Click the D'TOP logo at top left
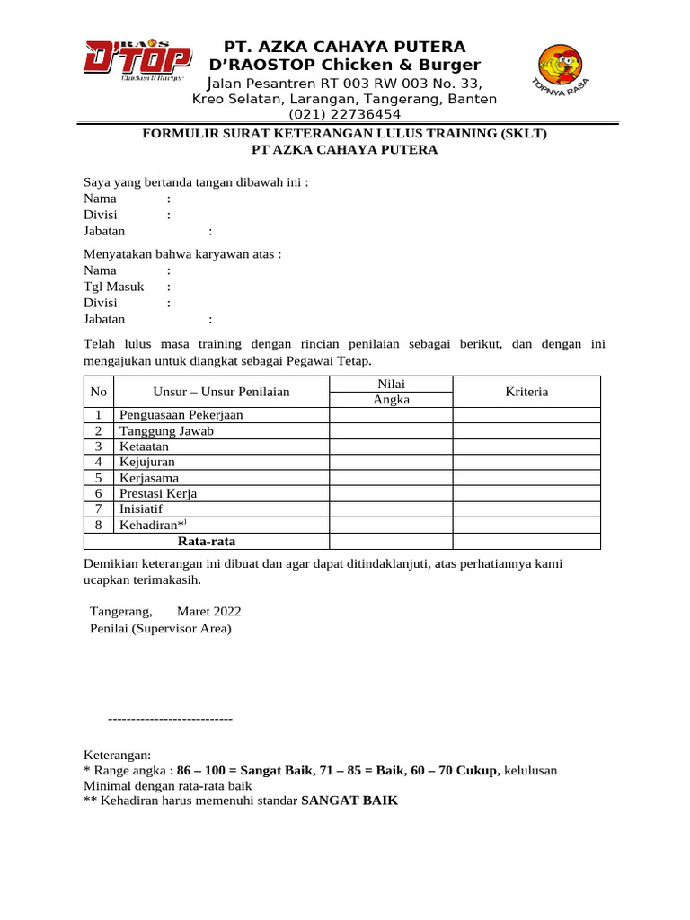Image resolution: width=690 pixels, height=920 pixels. tap(137, 62)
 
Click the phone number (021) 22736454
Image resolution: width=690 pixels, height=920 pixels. tap(344, 114)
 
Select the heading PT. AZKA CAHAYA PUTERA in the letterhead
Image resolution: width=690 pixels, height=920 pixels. tap(345, 47)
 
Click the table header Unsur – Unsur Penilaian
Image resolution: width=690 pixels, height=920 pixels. tap(221, 392)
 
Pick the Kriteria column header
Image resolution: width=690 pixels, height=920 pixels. tap(526, 392)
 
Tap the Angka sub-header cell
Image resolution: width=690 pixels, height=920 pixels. tap(391, 400)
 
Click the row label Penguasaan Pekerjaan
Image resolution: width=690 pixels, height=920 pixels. tap(181, 415)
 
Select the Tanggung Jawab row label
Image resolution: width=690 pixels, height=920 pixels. tap(166, 430)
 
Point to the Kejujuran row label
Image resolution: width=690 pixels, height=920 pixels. tap(147, 462)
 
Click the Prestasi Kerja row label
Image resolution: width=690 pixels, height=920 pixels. tap(158, 493)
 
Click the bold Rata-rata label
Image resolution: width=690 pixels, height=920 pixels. tap(207, 541)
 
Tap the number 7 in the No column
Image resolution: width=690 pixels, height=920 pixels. tap(99, 509)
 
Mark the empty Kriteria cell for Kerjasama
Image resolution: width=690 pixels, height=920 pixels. tap(526, 478)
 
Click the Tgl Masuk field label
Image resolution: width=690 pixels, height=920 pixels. tap(114, 287)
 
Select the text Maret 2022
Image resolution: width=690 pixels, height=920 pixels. tap(208, 611)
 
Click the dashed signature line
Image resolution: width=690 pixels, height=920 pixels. tap(170, 719)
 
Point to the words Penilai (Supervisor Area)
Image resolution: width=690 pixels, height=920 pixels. tap(160, 628)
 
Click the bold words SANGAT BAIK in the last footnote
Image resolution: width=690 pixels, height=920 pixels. tap(349, 801)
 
